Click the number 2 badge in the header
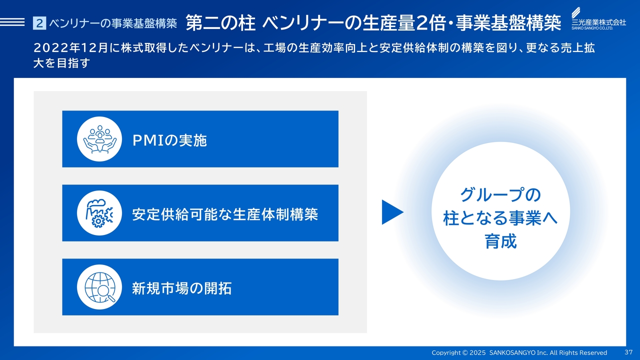click(x=39, y=23)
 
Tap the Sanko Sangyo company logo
click(x=598, y=18)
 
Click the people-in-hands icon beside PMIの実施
click(x=99, y=139)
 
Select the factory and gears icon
click(x=99, y=213)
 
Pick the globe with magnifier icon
click(x=99, y=287)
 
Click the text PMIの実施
click(x=169, y=140)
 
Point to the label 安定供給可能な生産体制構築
click(x=225, y=214)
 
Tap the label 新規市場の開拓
click(x=181, y=288)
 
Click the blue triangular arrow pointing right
click(x=391, y=212)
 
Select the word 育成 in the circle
click(x=500, y=241)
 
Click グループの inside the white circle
click(x=500, y=195)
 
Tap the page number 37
click(x=628, y=352)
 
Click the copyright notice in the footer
click(x=519, y=352)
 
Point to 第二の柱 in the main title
click(x=220, y=23)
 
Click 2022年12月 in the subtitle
click(x=71, y=48)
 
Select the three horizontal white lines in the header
click(x=12, y=22)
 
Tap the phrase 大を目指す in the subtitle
click(x=61, y=63)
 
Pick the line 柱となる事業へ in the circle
click(x=500, y=218)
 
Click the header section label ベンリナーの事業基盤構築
click(x=113, y=23)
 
